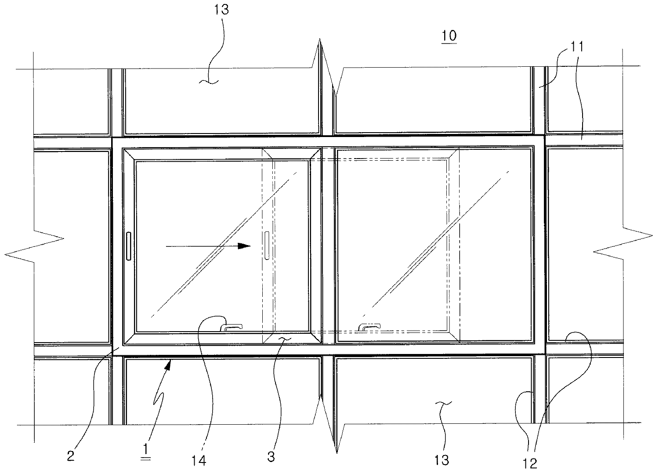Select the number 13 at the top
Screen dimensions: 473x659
(x=222, y=10)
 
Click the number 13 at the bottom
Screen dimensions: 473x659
(x=442, y=459)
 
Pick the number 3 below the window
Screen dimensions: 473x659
(x=271, y=457)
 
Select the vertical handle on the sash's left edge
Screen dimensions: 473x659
(x=128, y=246)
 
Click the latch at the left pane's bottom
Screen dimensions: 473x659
(x=232, y=327)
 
